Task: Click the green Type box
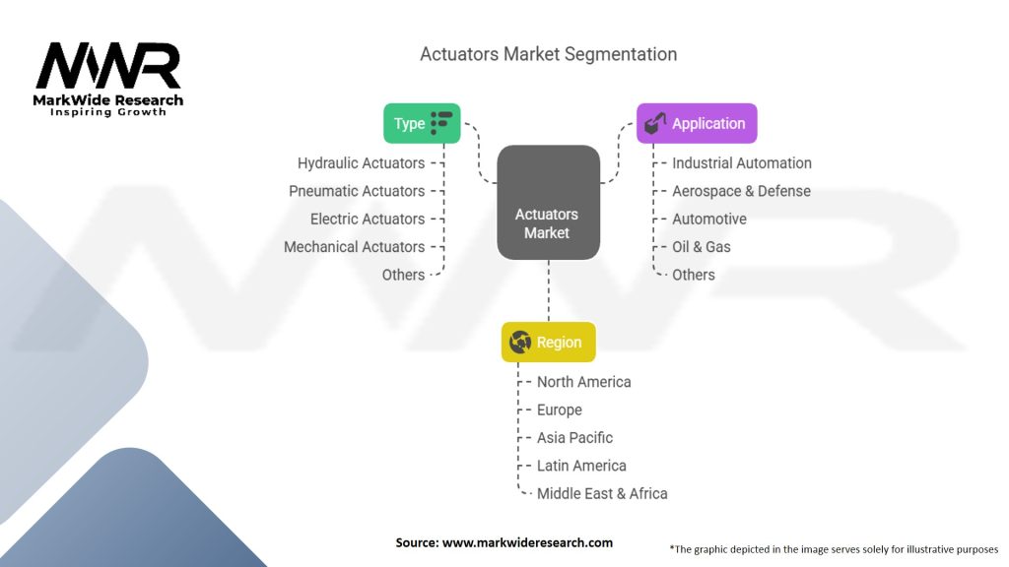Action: [x=422, y=123]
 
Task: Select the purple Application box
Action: [x=696, y=123]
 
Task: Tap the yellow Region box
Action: [x=548, y=343]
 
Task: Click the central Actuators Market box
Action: [x=548, y=203]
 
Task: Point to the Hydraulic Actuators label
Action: [x=361, y=163]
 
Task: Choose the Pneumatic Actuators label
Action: [x=357, y=191]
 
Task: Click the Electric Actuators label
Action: [x=368, y=219]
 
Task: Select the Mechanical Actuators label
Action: [x=354, y=247]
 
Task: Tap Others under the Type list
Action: [x=403, y=275]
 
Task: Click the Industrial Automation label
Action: [x=742, y=163]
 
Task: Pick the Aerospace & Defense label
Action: [x=741, y=191]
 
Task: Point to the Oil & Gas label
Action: [x=702, y=247]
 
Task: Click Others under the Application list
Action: [x=694, y=275]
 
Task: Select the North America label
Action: [x=583, y=382]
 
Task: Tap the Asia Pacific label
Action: [x=574, y=437]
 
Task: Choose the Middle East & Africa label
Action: [x=602, y=493]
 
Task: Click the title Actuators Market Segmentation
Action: [x=548, y=54]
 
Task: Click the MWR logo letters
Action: [x=108, y=66]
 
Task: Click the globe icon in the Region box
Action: [x=520, y=343]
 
